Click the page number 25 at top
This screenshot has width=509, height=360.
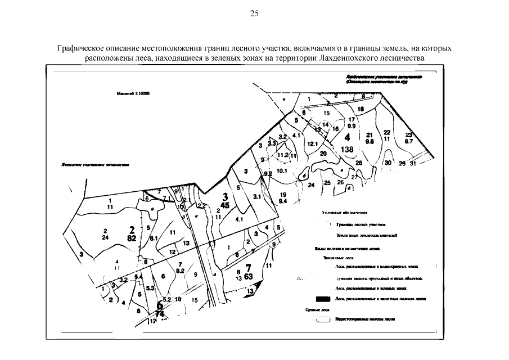[x=254, y=13]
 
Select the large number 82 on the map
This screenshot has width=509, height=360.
[x=133, y=238]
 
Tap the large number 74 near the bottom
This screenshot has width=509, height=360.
[x=160, y=313]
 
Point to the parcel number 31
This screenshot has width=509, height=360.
[x=412, y=164]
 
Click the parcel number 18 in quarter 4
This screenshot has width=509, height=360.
[x=361, y=109]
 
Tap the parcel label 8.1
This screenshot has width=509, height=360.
[x=152, y=238]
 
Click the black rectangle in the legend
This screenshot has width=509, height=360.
[x=322, y=299]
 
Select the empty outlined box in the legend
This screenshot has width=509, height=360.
[x=322, y=319]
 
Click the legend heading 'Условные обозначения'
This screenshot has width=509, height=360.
[x=344, y=214]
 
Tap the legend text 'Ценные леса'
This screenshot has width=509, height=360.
[x=317, y=309]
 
